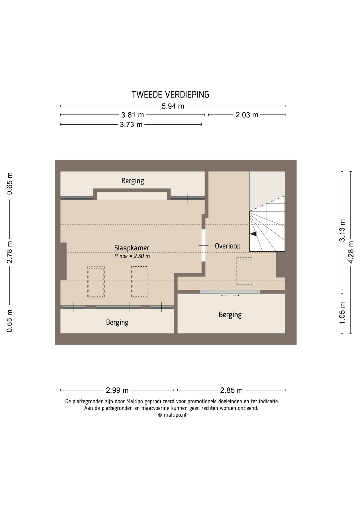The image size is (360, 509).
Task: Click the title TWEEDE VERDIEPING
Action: click(x=170, y=95)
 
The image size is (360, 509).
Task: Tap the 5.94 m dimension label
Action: click(x=173, y=106)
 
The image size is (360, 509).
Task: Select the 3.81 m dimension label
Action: click(x=133, y=115)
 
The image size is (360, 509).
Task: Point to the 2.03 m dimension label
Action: click(x=247, y=115)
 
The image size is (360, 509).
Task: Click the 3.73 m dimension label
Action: click(x=131, y=125)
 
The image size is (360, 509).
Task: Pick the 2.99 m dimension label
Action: click(x=117, y=390)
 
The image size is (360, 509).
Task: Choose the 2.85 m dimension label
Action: click(x=231, y=390)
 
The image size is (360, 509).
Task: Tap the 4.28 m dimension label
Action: click(x=351, y=252)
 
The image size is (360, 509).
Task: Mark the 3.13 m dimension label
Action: click(x=342, y=230)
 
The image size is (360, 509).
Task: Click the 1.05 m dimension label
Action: click(x=342, y=313)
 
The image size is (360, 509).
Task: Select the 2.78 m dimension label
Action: click(x=10, y=252)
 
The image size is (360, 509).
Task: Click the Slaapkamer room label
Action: click(x=132, y=248)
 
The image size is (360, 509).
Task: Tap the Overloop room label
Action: click(x=228, y=246)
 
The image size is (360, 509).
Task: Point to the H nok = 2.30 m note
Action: click(x=132, y=256)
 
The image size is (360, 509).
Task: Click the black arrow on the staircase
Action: click(x=253, y=234)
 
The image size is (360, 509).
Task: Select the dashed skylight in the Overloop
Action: click(x=244, y=272)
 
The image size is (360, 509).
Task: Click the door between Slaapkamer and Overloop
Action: click(x=204, y=245)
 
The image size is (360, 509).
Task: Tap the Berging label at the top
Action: click(x=133, y=181)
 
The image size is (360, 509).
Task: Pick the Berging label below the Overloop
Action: click(x=230, y=315)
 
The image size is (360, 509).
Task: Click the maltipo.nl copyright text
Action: click(x=172, y=415)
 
